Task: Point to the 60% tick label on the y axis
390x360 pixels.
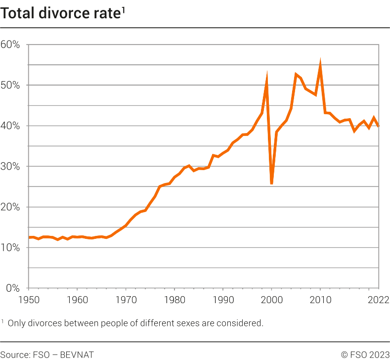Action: (10, 45)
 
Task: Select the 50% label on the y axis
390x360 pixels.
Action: (10, 86)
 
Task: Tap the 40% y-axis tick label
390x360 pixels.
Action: (10, 126)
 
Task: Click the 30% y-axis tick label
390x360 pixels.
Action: (10, 167)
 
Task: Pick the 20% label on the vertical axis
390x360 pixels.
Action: (10, 207)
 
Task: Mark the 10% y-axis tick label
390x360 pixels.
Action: (10, 248)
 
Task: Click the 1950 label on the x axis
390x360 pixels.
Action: (29, 299)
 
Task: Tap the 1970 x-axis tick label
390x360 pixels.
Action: (126, 299)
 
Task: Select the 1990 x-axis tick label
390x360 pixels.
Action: (223, 299)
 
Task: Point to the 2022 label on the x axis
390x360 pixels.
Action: (379, 299)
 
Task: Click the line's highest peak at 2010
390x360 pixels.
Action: (320, 65)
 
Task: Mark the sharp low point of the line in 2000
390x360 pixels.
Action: (272, 183)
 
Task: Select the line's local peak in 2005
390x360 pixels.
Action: (296, 74)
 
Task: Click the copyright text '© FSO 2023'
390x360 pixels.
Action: (365, 354)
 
